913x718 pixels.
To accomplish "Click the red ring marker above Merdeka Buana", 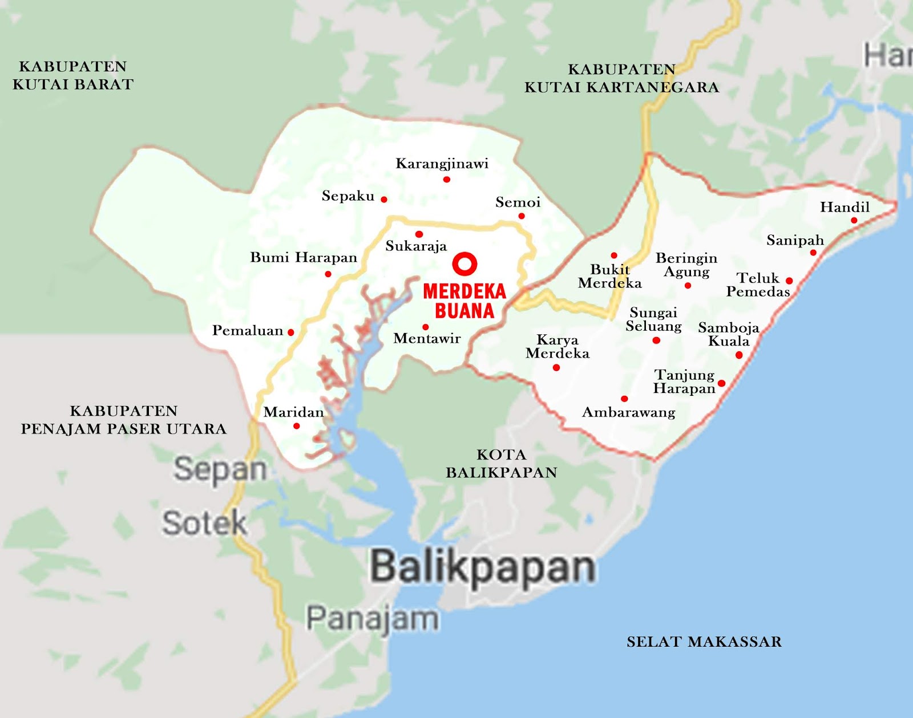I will coord(464,264).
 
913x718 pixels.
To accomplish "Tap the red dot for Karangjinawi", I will coord(446,179).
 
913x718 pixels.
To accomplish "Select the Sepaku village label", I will coord(348,196).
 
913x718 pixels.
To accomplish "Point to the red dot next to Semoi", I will coord(521,216).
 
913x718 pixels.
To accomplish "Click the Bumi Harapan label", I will coord(303,257).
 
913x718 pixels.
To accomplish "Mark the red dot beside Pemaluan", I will coord(291,332).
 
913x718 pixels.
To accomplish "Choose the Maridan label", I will coord(293,412).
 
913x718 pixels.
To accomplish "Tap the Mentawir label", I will coord(427,339).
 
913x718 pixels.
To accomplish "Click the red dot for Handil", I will coord(854,220).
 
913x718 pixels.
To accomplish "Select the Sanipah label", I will coord(795,240).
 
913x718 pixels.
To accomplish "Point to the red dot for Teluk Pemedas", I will coord(789,281).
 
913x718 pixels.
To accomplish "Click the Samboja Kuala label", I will coord(729,334).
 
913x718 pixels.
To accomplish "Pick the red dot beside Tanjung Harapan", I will coord(721,383).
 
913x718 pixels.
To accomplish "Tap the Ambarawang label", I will coord(628,412).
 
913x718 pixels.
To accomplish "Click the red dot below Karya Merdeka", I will coord(556,368).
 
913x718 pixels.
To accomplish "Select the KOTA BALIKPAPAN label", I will coord(501,463).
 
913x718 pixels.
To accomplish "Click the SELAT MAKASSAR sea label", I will coord(704,642).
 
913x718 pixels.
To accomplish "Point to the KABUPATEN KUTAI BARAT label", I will coord(73,75).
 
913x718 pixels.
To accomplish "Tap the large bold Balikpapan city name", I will coord(483,567).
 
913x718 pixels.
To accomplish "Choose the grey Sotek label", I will coord(204,523).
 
